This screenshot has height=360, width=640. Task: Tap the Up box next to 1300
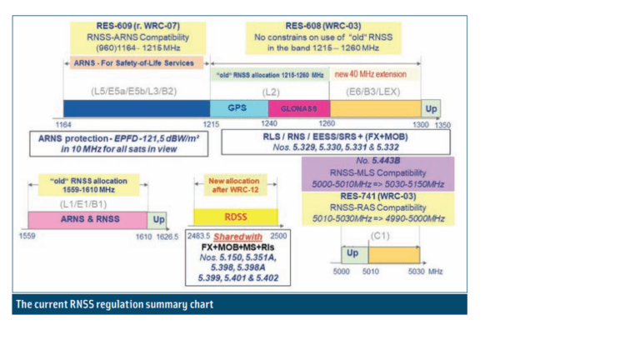pos(431,108)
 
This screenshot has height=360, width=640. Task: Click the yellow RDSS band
pos(228,217)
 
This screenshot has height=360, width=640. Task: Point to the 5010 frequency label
pos(370,271)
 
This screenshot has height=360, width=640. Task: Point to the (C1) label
pos(379,237)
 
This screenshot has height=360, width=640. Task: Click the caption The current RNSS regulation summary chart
pos(114,304)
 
